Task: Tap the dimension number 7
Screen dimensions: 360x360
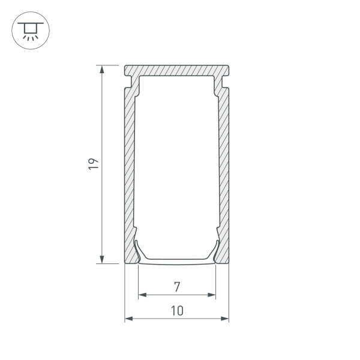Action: coord(176,286)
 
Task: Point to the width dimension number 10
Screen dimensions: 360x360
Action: coord(176,310)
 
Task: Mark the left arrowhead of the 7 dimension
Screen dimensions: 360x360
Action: coord(142,295)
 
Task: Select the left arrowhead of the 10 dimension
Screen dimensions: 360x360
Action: coord(128,319)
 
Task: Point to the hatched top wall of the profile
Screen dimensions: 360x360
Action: coord(176,70)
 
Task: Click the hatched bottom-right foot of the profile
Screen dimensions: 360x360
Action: coord(224,255)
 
